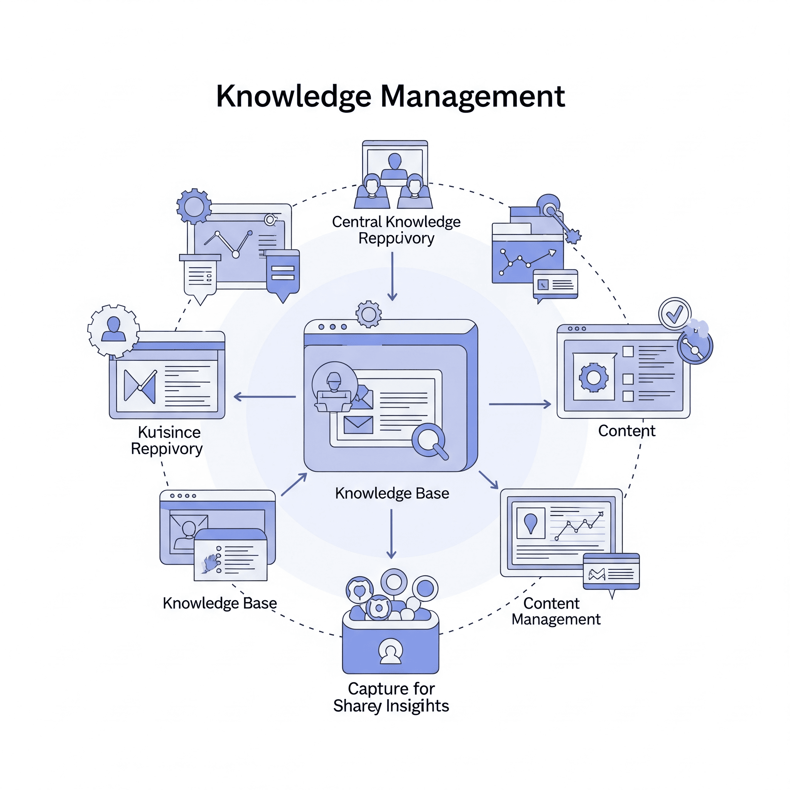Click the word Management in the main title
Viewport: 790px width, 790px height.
473,96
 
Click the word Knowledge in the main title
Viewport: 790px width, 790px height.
294,97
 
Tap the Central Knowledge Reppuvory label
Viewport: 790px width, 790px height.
396,230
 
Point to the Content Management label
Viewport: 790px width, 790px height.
556,611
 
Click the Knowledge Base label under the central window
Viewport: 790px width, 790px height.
392,493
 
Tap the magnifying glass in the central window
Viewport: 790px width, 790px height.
429,441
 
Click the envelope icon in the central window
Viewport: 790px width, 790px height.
358,425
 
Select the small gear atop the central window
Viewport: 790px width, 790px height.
368,314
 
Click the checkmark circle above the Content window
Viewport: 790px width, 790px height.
674,314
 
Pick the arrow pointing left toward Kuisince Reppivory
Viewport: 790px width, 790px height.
265,397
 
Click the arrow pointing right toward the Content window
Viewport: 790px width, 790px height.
520,404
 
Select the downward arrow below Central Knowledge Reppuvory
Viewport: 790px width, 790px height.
392,276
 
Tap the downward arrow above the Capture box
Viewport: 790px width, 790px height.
391,533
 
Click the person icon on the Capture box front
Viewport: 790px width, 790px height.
390,651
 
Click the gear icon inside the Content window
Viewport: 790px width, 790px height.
593,377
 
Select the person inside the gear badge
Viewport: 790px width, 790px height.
113,329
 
